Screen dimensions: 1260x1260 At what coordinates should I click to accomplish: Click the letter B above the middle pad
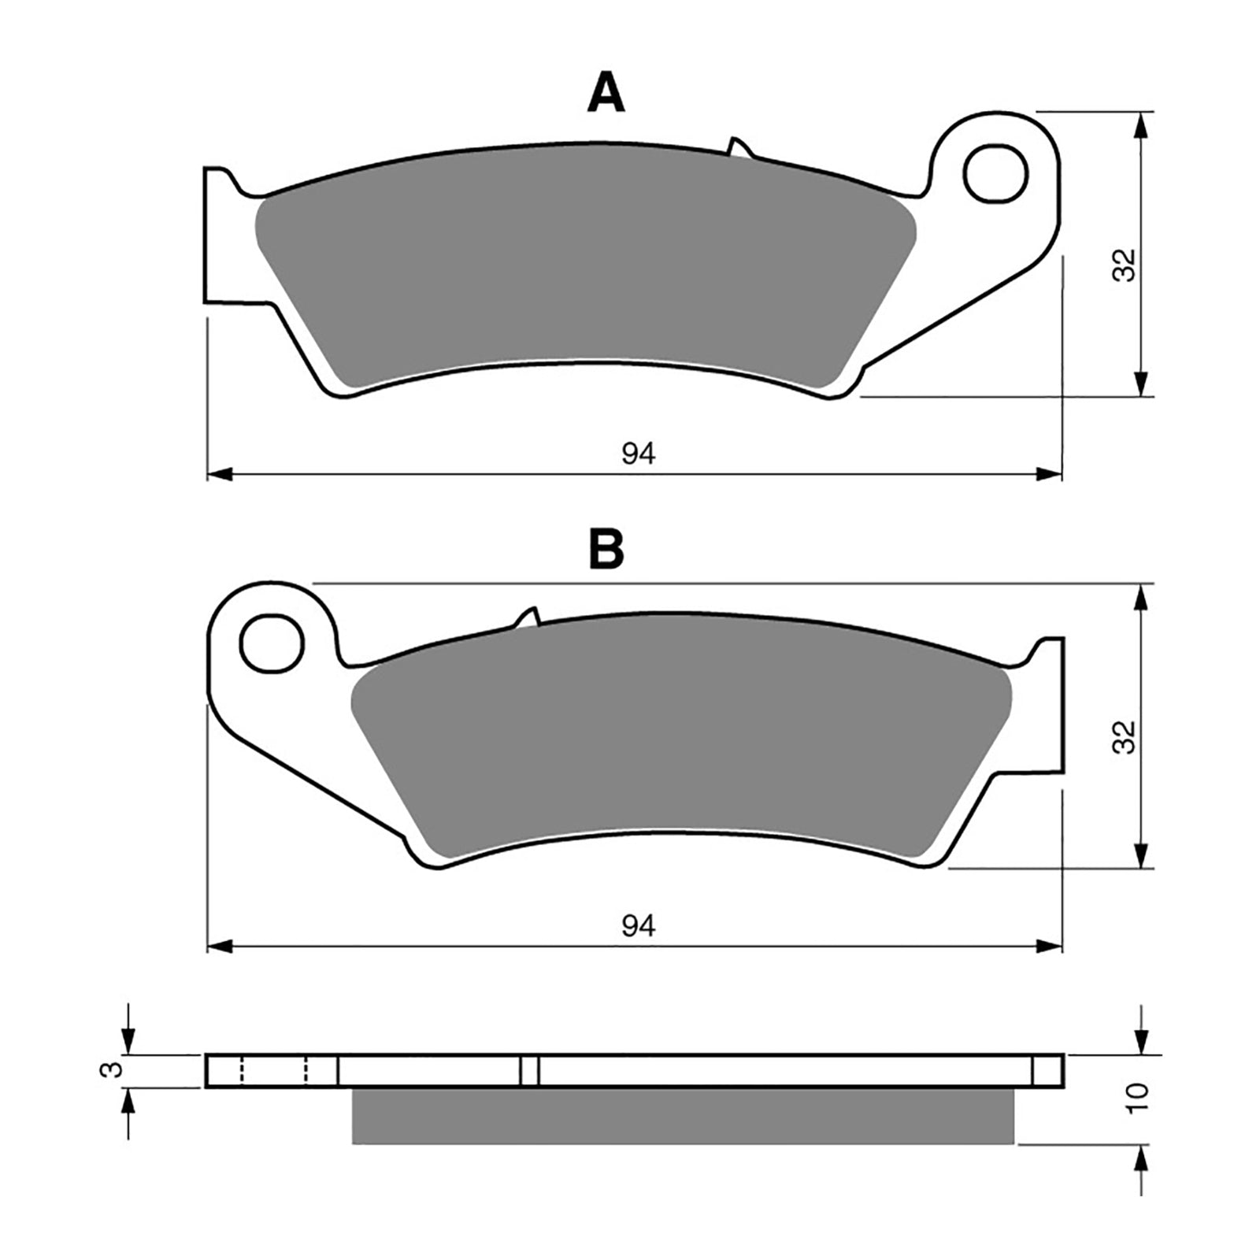(606, 549)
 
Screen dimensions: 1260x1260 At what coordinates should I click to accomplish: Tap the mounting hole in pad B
(272, 644)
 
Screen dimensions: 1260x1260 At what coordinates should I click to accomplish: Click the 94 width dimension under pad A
(638, 454)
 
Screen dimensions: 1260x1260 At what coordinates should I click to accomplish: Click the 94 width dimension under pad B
(638, 926)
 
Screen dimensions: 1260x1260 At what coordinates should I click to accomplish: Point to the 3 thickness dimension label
(115, 1069)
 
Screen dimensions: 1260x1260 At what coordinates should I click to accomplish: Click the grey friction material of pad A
(583, 283)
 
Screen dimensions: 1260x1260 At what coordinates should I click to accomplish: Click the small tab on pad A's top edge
(739, 147)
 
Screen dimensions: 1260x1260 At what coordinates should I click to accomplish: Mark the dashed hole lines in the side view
(274, 1070)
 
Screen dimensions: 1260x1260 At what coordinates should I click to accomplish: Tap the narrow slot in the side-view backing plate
(529, 1070)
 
